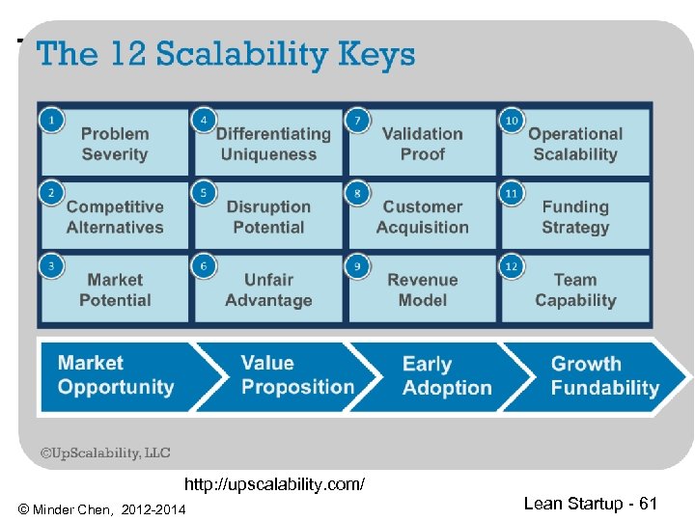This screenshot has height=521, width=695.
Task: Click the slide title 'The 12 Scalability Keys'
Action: coord(226,54)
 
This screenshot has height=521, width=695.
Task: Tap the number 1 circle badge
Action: coord(51,120)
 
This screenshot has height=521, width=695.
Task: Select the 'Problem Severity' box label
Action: coord(115,144)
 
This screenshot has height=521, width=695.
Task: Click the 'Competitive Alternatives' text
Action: coord(115,217)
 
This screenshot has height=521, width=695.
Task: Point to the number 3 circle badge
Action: coord(51,266)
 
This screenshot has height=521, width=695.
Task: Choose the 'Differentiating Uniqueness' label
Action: coord(272,144)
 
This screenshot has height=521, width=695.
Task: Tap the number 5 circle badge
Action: coord(204,193)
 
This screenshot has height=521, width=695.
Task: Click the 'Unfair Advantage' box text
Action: coord(268,290)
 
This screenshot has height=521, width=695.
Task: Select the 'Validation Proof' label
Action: coord(422,144)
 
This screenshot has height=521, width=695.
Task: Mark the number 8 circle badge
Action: coord(357,193)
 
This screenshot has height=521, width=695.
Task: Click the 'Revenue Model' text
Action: coord(422,290)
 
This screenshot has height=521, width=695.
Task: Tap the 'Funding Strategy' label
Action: coord(575,217)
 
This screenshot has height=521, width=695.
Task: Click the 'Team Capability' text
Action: coord(575,290)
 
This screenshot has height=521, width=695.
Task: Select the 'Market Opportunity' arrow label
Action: coord(116,375)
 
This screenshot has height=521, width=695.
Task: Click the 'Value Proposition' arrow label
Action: coord(297,375)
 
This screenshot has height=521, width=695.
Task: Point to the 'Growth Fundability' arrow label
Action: coord(604,376)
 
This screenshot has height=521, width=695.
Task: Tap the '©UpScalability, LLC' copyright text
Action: coord(104,452)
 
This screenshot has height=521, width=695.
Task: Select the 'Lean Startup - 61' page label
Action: coord(590,503)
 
